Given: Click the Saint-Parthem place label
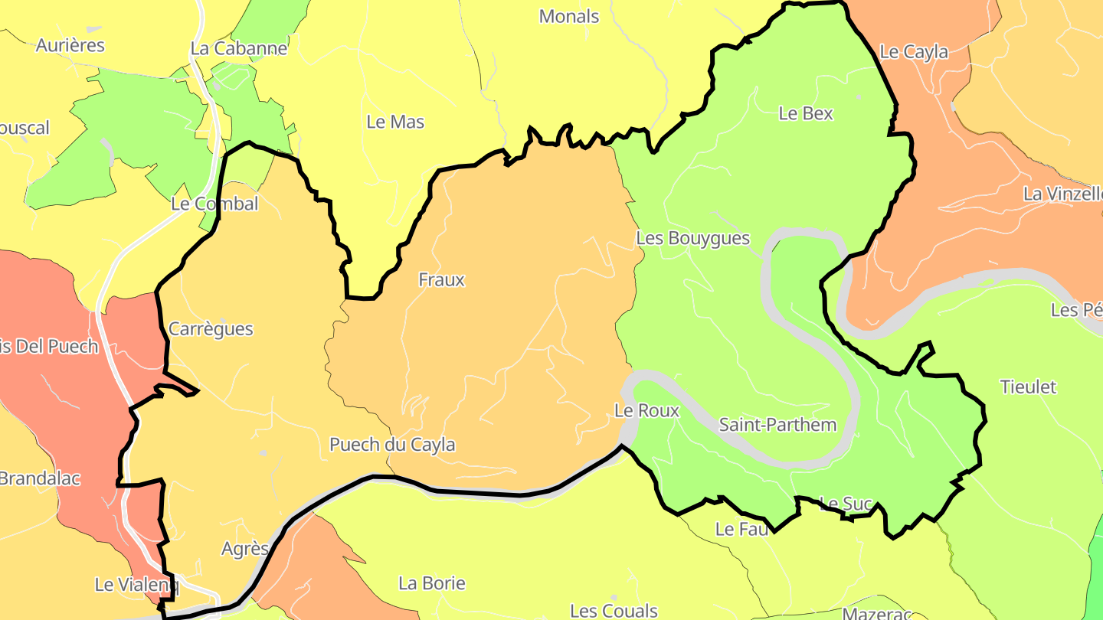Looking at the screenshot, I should pos(777,425).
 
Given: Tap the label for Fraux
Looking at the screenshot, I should pos(441,280).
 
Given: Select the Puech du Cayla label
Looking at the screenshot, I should pos(392,445).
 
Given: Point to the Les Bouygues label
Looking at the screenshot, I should pos(692,239).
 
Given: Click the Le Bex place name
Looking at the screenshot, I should pos(805,113).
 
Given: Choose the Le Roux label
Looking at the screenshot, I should pos(646,411).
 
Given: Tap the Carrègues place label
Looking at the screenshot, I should pos(210,329).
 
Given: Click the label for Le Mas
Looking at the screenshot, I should pos(395,122).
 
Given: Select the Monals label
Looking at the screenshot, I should pos(568,16).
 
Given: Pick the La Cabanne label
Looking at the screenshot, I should pos(238,48).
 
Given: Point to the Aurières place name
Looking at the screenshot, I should pos(70,45).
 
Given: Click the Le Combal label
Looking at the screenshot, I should pos(214,204).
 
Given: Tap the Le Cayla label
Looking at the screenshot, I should pos(913,52).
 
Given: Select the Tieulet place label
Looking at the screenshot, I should pos(1028,387).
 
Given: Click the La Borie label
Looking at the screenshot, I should pos(431,583).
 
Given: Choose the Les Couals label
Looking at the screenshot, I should pos(614,611).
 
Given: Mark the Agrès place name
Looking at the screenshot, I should pos(244,549).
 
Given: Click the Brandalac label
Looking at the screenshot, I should pos(39,479).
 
